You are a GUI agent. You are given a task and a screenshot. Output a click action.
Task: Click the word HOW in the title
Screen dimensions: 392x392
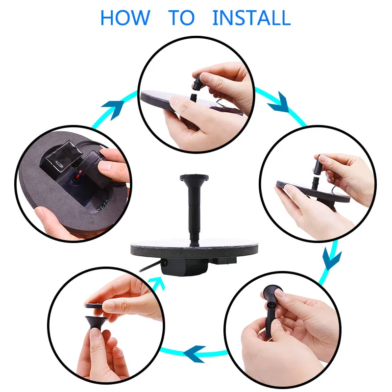click(x=125, y=18)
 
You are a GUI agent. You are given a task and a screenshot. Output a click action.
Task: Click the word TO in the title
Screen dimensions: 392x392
click(x=181, y=18)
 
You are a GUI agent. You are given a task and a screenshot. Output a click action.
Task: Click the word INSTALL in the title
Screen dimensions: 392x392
click(x=251, y=18)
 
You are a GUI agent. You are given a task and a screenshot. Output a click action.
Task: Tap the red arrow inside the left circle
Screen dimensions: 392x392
click(x=79, y=174)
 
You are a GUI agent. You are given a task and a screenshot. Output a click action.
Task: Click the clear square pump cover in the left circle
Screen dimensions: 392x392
click(x=65, y=156)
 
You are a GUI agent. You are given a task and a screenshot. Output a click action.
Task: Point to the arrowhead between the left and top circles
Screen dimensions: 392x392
click(x=113, y=109)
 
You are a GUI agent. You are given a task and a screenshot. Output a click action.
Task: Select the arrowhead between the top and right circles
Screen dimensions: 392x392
click(x=279, y=102)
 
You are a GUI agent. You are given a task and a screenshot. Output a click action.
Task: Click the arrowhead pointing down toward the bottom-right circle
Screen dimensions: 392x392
click(x=332, y=259)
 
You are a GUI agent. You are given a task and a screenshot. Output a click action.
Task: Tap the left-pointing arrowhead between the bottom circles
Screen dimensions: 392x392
click(x=195, y=354)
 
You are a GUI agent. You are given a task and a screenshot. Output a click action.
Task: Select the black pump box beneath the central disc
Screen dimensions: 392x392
click(x=185, y=267)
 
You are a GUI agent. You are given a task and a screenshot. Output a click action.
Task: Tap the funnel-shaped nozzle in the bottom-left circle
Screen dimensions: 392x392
click(x=96, y=323)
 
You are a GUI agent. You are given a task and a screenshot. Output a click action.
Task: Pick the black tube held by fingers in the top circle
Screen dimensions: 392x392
click(x=197, y=82)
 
